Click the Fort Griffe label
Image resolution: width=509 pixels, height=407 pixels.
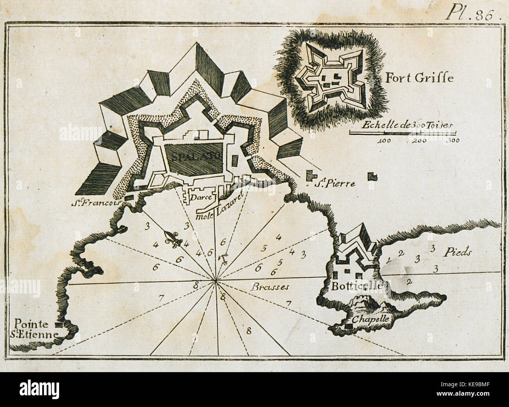(x=420, y=78)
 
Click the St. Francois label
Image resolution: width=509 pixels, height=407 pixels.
(x=98, y=203)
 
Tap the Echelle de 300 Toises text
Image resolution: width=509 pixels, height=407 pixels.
(x=407, y=126)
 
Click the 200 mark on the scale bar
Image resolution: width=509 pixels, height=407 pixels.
(x=419, y=140)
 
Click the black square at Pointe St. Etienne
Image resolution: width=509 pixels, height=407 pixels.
(x=59, y=324)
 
